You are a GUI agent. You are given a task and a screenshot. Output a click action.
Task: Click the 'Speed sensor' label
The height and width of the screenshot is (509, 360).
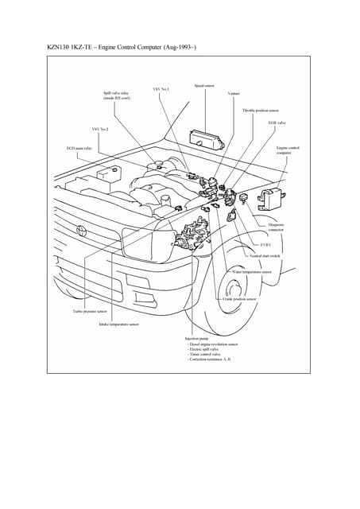(x=204, y=85)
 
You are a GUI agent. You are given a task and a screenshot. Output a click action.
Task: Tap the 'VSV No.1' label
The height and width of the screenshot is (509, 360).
(x=161, y=89)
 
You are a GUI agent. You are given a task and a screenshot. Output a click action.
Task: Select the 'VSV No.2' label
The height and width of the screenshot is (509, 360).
(x=100, y=127)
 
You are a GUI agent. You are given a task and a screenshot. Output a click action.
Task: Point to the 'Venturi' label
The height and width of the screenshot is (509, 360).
(x=234, y=94)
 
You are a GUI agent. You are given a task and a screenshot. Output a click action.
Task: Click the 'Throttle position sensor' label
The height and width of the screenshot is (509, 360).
(x=260, y=111)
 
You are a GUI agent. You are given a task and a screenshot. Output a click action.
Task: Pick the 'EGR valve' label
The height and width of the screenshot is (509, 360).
(x=277, y=123)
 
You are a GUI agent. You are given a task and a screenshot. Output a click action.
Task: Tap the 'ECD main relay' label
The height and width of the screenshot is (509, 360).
(x=79, y=148)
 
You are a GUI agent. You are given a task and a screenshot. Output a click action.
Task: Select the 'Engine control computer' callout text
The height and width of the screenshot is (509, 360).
(x=287, y=150)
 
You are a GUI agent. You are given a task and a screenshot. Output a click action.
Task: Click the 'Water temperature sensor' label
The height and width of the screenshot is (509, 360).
(x=252, y=271)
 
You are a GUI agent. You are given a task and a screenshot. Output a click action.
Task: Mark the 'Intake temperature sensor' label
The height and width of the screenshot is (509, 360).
(x=118, y=324)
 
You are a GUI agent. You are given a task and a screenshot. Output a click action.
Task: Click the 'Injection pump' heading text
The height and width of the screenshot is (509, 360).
(x=196, y=338)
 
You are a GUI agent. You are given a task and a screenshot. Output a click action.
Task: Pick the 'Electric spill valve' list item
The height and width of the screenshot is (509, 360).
(x=205, y=349)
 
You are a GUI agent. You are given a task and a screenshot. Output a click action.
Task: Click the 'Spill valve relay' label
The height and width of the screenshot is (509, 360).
(x=118, y=93)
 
